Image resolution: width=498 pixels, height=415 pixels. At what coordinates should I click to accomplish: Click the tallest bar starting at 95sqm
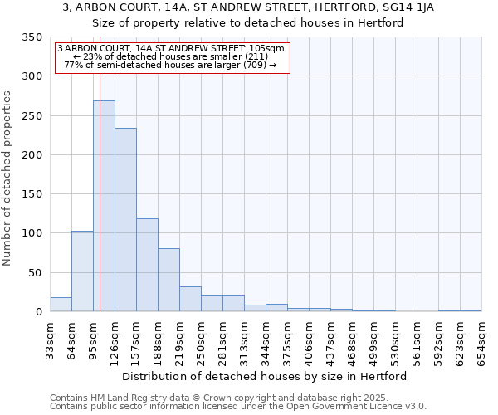click(104, 206)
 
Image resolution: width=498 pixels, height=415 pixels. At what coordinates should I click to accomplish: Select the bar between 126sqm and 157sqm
click(125, 220)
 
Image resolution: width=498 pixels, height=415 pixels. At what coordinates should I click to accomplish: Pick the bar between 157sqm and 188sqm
click(147, 265)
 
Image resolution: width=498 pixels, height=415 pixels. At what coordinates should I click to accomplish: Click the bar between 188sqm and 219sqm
click(168, 280)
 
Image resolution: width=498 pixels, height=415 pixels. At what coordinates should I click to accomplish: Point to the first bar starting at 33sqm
click(61, 305)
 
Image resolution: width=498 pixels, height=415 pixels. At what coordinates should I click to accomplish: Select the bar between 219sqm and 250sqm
click(190, 299)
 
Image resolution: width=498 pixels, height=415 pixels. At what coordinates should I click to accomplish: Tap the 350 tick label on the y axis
click(32, 38)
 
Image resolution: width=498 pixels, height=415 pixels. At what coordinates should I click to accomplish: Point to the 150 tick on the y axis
click(32, 194)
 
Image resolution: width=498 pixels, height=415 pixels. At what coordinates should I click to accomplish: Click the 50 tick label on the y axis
click(35, 272)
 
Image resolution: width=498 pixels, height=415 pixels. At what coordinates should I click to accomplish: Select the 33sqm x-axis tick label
click(50, 338)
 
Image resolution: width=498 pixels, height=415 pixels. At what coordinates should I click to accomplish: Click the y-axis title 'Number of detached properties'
click(8, 178)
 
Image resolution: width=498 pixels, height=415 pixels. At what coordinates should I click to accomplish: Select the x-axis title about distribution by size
click(265, 376)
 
